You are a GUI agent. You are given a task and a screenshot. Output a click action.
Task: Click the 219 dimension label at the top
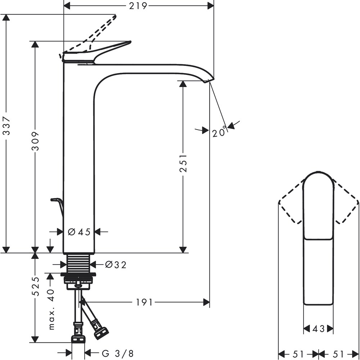[138, 6]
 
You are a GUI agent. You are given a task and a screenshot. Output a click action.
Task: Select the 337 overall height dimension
[6, 126]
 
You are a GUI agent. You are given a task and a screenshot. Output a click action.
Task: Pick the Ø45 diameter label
[79, 232]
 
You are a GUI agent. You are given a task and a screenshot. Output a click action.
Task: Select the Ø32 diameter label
[116, 265]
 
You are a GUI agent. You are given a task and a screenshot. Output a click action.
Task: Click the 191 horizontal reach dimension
[144, 302]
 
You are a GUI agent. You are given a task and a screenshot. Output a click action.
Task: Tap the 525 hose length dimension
[35, 286]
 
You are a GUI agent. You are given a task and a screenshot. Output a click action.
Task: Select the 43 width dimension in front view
[318, 329]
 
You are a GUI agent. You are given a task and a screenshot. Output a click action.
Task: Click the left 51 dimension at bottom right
[299, 354]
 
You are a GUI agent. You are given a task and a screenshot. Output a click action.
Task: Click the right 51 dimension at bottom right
[338, 354]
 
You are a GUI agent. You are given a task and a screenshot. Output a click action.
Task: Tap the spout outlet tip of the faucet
[209, 80]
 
